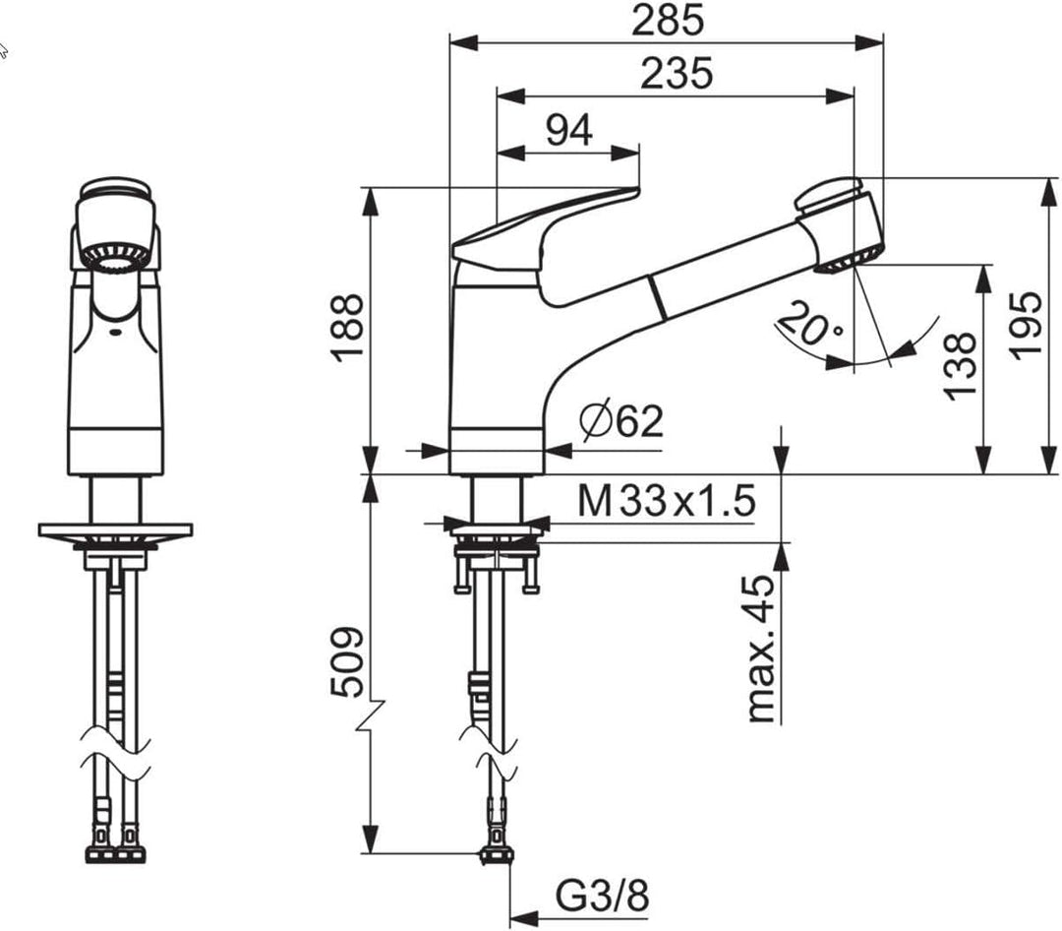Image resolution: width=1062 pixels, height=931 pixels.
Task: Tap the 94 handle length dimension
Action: point(569,130)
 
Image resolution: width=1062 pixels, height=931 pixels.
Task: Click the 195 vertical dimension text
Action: point(1027,326)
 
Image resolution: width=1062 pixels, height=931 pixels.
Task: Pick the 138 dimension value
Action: point(960,365)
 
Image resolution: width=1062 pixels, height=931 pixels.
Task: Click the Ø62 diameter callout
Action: point(621,421)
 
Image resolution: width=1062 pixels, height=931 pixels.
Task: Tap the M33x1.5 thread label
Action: point(666,502)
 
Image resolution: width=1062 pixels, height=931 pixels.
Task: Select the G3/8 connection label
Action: point(603,898)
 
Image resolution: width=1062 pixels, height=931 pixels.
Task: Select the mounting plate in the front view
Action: point(115,530)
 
